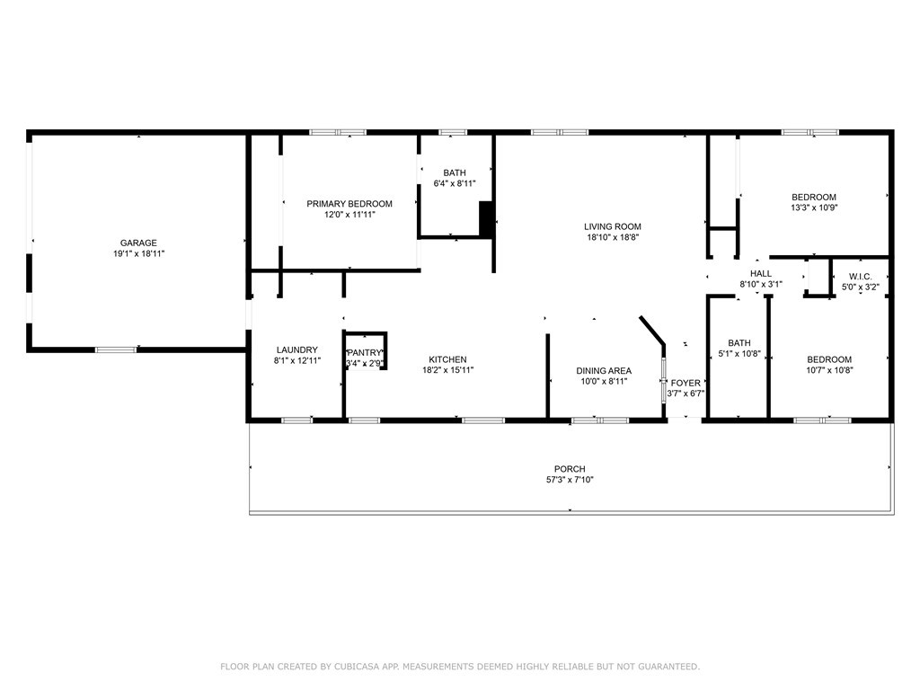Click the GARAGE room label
138,243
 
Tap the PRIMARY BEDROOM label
349,204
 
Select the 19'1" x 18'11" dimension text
138,253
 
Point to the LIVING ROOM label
612,226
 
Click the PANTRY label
365,352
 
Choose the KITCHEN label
447,359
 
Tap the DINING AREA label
604,371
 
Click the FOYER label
686,383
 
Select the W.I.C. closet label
860,277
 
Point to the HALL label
760,273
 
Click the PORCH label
570,469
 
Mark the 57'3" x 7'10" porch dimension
570,480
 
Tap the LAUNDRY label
296,349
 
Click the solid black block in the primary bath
486,219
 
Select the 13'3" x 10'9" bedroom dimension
814,208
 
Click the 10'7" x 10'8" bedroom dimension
829,370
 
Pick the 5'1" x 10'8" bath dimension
739,354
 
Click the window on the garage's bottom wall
116,349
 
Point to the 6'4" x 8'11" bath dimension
454,183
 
